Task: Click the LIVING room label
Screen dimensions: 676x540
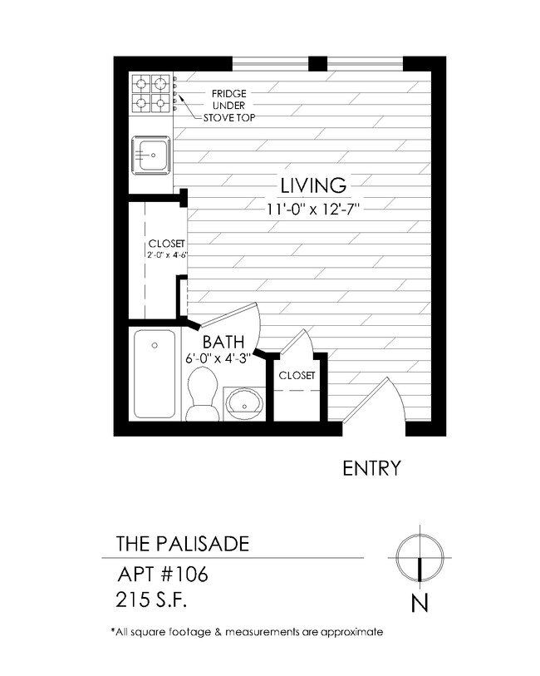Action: [x=312, y=185]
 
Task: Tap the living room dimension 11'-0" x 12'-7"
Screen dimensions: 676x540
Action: [x=312, y=209]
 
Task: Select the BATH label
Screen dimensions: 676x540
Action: [x=223, y=341]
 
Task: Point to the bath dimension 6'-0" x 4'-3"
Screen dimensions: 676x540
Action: [x=218, y=359]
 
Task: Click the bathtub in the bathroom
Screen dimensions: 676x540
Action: [x=155, y=374]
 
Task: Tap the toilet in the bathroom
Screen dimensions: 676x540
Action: [x=202, y=395]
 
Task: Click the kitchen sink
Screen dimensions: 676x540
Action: [x=150, y=154]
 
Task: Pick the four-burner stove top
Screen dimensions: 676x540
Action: [x=150, y=94]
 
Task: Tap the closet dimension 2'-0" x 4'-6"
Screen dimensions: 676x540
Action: [x=165, y=255]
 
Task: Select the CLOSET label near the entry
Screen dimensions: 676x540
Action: [x=297, y=376]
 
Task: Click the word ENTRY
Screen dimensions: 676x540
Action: [x=372, y=469]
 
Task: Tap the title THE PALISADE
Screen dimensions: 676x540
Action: [x=181, y=545]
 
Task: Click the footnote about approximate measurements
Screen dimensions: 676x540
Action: [x=247, y=632]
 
